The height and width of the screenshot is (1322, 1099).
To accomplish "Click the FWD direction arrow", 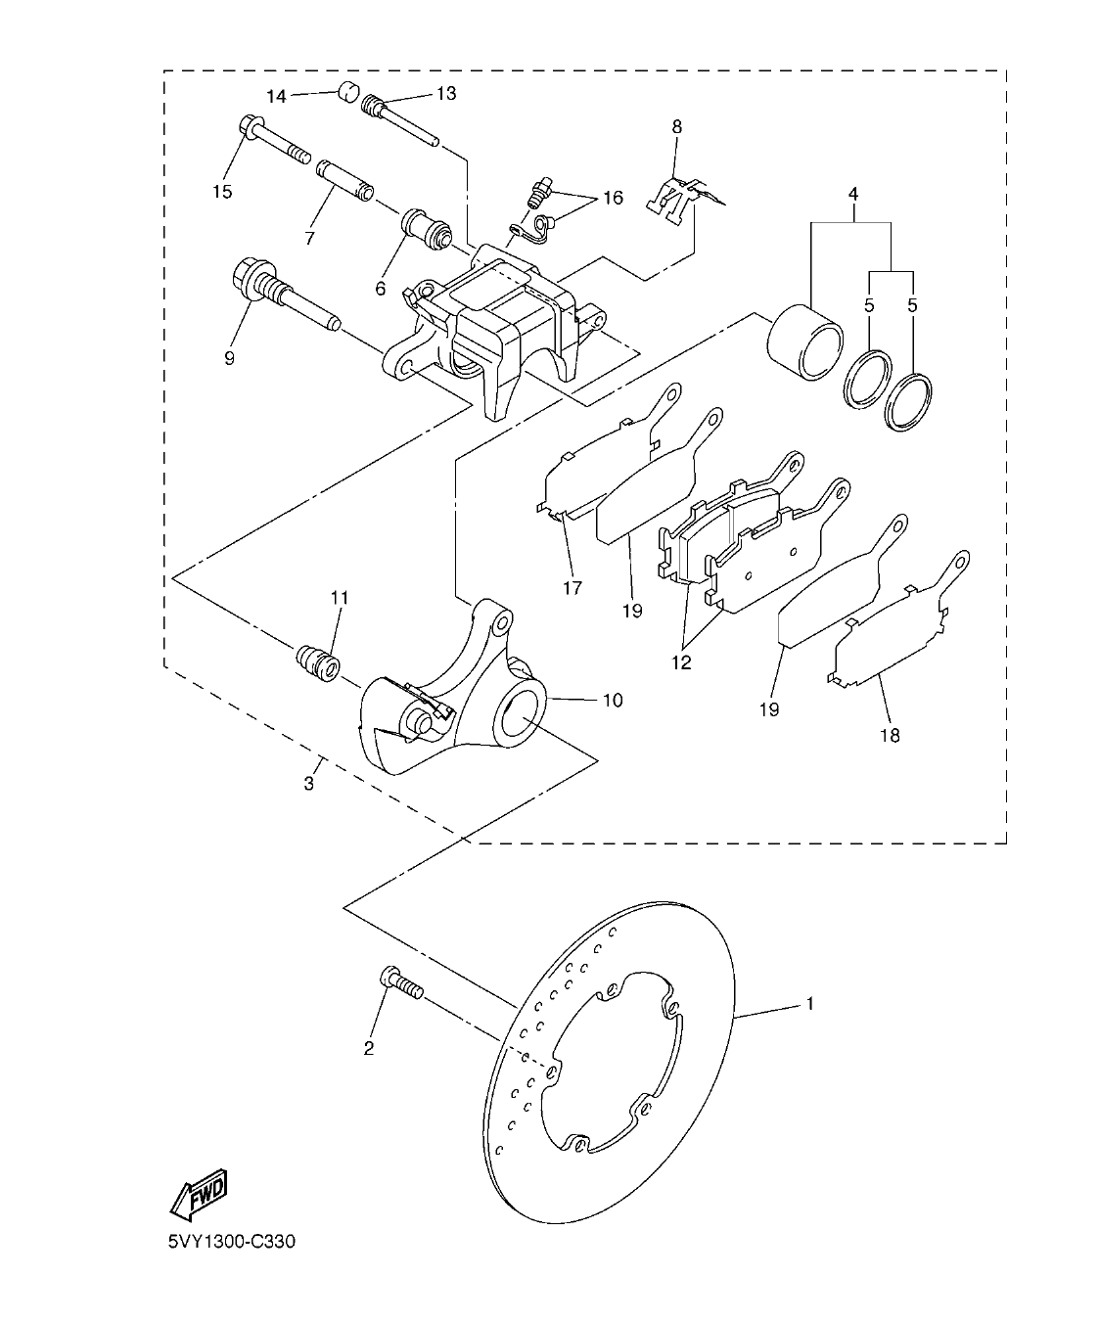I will click(200, 1193).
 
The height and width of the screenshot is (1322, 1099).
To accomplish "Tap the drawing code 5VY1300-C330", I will click(231, 1243).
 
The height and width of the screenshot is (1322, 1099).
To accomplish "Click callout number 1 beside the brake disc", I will click(809, 1003).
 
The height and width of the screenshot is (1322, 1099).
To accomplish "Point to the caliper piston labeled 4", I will click(804, 342).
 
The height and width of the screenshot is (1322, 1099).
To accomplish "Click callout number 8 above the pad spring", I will click(676, 126).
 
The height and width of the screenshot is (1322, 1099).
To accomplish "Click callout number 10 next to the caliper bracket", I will click(612, 700).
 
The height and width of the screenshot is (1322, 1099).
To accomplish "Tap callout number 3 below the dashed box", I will click(308, 784).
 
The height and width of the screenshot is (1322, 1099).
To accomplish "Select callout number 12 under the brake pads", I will click(681, 662).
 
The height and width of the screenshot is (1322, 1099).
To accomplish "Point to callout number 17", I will click(572, 588).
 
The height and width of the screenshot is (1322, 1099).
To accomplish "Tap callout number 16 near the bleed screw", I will click(613, 199).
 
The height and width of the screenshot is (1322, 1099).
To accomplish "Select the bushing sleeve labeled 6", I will click(427, 232).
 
